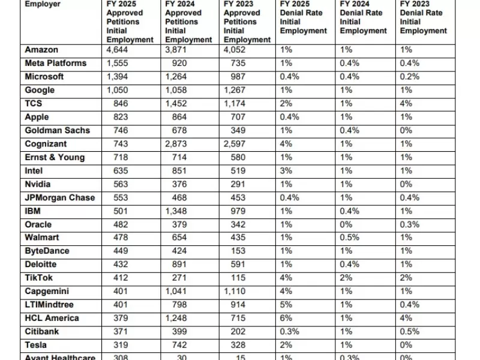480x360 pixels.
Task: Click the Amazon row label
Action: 41,50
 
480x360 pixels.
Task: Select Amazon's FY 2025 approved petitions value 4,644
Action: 118,50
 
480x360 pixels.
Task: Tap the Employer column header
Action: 44,4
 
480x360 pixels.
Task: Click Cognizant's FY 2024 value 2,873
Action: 176,144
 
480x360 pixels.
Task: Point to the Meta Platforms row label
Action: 56,63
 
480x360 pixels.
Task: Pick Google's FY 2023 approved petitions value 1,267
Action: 235,90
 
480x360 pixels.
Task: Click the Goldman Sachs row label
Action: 58,130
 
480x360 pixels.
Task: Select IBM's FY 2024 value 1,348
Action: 176,211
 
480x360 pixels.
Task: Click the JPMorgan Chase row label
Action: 60,197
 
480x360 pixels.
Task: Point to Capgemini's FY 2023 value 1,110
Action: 235,291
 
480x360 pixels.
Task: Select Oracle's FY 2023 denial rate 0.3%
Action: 409,224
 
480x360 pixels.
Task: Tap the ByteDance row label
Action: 47,251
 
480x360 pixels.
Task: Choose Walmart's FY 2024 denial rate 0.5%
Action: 350,238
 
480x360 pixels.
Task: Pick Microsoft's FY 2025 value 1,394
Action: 118,77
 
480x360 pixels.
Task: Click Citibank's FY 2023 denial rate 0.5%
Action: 409,331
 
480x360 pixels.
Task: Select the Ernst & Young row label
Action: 55,157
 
